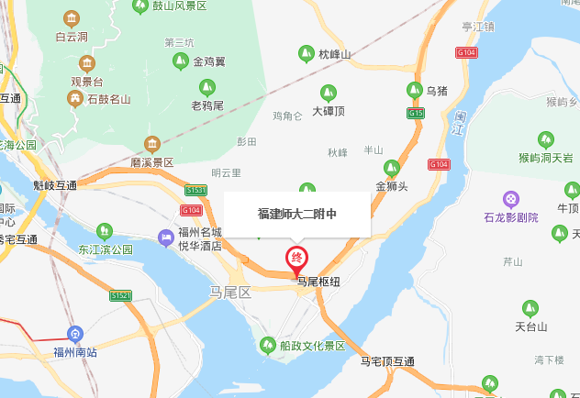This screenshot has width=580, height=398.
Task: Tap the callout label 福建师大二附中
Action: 296,214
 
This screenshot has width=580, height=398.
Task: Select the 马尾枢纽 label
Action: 318,283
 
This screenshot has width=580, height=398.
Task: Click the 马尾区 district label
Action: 224,293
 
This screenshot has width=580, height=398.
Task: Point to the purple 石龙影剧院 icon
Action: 511,199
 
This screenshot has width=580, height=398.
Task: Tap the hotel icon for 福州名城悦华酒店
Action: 166,238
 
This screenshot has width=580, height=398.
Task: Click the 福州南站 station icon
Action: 76,335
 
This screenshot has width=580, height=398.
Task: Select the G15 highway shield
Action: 417,114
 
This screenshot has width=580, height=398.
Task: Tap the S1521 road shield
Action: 121,295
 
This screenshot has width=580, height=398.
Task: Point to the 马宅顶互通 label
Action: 387,361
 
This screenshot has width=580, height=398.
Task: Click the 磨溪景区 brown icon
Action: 152,143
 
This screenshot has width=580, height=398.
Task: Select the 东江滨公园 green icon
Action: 105,230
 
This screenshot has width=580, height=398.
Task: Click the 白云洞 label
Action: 71,37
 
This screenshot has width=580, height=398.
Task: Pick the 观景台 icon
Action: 87,63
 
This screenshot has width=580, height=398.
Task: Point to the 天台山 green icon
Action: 530,308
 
